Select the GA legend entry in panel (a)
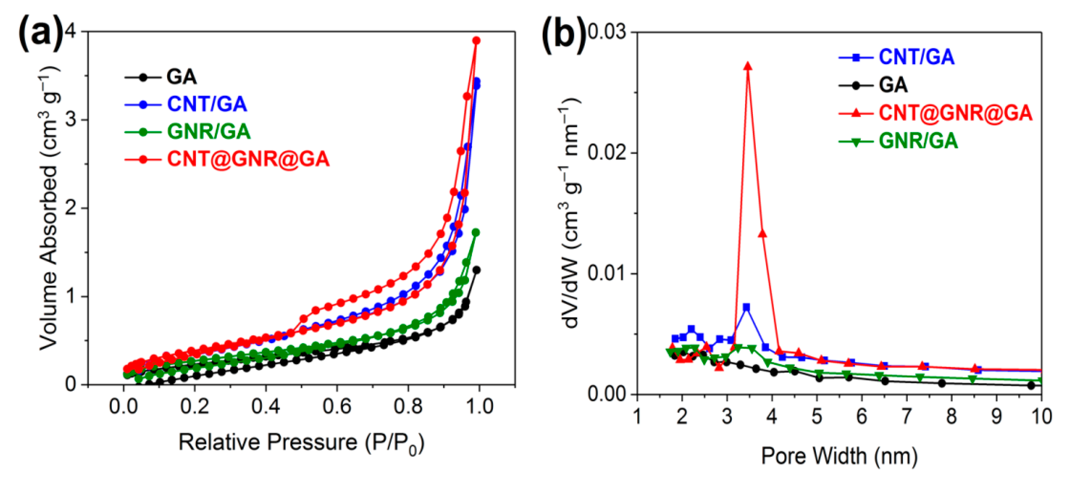(x=181, y=77)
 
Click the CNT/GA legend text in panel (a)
(x=207, y=104)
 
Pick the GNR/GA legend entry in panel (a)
(x=208, y=131)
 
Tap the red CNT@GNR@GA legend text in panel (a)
(x=248, y=159)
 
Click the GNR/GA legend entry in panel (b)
(x=918, y=141)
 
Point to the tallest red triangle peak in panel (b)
(x=748, y=66)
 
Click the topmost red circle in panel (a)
(x=476, y=40)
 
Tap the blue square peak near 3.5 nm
(x=746, y=307)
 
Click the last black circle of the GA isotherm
(x=477, y=270)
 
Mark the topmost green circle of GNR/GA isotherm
(x=476, y=232)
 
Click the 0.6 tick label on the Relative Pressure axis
(x=337, y=406)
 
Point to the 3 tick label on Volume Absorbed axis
(x=71, y=120)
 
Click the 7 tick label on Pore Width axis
(x=906, y=416)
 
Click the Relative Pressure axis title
(x=301, y=443)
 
